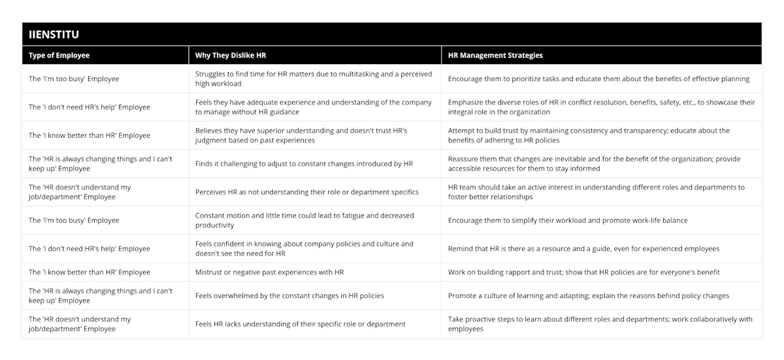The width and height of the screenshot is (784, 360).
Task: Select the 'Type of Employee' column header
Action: coord(59,56)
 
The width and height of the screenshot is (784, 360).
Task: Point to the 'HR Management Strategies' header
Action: coord(495,56)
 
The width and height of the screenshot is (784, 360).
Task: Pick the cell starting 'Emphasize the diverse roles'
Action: coord(601,107)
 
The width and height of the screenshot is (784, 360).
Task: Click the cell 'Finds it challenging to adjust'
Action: coord(304,163)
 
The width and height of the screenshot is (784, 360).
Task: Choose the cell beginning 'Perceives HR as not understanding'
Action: coord(306,192)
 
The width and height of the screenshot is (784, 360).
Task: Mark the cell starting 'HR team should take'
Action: coord(596,192)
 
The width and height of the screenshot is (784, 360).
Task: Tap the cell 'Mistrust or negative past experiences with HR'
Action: coord(269,272)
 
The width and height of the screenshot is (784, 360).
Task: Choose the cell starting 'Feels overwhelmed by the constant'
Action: coord(289,296)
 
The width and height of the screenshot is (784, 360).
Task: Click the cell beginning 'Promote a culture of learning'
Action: coord(588,296)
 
